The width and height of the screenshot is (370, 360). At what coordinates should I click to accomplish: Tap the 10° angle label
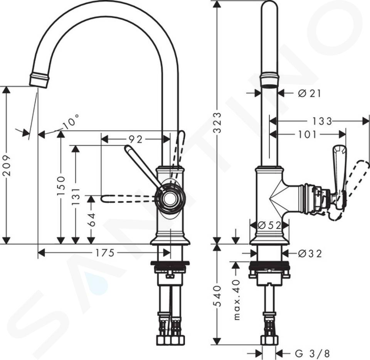(x=71, y=122)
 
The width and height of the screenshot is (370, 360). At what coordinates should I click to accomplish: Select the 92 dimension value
(x=135, y=140)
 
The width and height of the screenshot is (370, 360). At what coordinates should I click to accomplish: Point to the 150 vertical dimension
(x=61, y=185)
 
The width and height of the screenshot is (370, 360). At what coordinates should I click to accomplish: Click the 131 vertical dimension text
(x=76, y=196)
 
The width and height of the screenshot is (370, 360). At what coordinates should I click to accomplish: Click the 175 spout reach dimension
(x=105, y=253)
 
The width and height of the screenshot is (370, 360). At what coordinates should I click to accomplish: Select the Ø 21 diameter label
(x=309, y=94)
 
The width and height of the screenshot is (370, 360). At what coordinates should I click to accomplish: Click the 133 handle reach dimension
(x=322, y=121)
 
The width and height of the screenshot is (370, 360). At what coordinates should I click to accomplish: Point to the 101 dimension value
(x=307, y=135)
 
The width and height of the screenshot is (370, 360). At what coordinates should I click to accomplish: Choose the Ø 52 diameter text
(x=269, y=225)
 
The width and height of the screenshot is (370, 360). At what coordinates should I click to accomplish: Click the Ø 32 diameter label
(x=309, y=254)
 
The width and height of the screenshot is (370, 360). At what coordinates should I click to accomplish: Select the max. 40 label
(x=237, y=299)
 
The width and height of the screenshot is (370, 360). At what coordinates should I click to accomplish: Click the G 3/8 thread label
(x=312, y=353)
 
